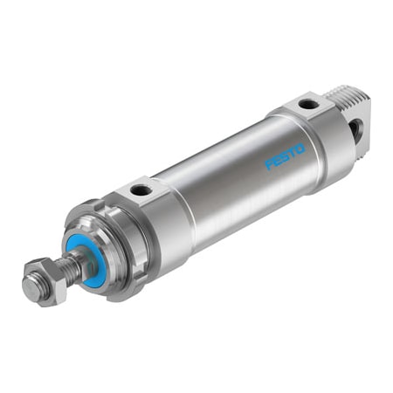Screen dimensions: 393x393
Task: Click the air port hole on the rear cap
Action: point(307,105)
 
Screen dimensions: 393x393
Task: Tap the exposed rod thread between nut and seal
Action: point(69,262)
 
